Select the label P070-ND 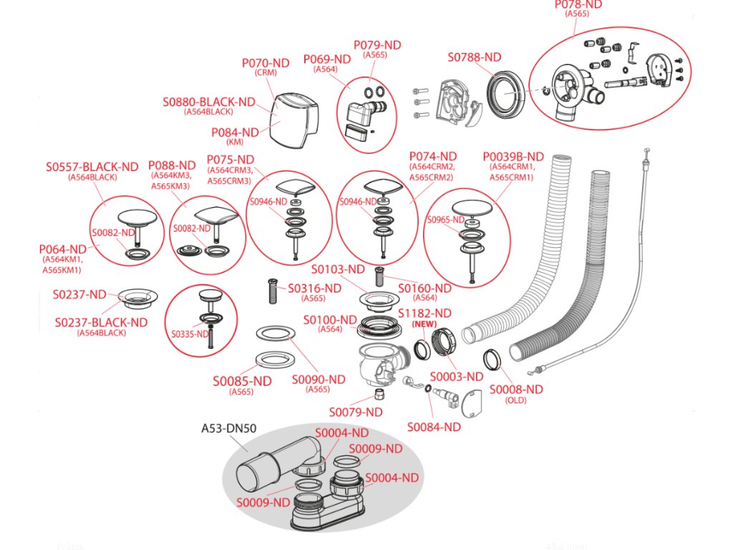point(265,63)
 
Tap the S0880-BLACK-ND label point(208,102)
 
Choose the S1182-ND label point(424,314)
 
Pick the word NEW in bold point(424,324)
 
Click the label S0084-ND point(435,427)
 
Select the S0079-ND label point(356,412)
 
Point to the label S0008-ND point(516,389)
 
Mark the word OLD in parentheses point(516,400)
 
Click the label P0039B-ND point(513,156)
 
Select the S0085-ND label point(242,381)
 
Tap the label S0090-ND point(319,379)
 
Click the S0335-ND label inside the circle point(189,334)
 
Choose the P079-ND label point(377,45)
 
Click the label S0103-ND point(338,269)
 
